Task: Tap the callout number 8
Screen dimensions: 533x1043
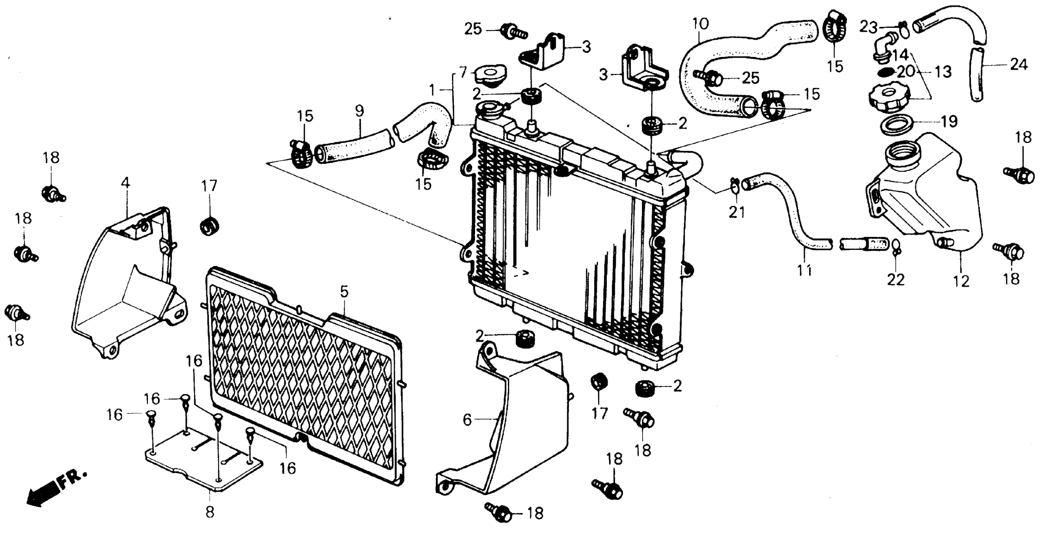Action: tap(209, 512)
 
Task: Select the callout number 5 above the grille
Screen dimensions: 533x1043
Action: tap(344, 292)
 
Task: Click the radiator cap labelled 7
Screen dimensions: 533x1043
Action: tap(489, 76)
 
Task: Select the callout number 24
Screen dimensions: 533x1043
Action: tap(1019, 65)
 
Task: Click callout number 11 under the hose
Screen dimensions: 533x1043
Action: tap(804, 270)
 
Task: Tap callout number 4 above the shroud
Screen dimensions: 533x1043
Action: tap(126, 183)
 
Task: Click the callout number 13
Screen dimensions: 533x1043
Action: tap(943, 72)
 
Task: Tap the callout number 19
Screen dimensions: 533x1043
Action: tap(949, 121)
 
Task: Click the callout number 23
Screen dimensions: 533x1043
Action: tap(869, 27)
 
